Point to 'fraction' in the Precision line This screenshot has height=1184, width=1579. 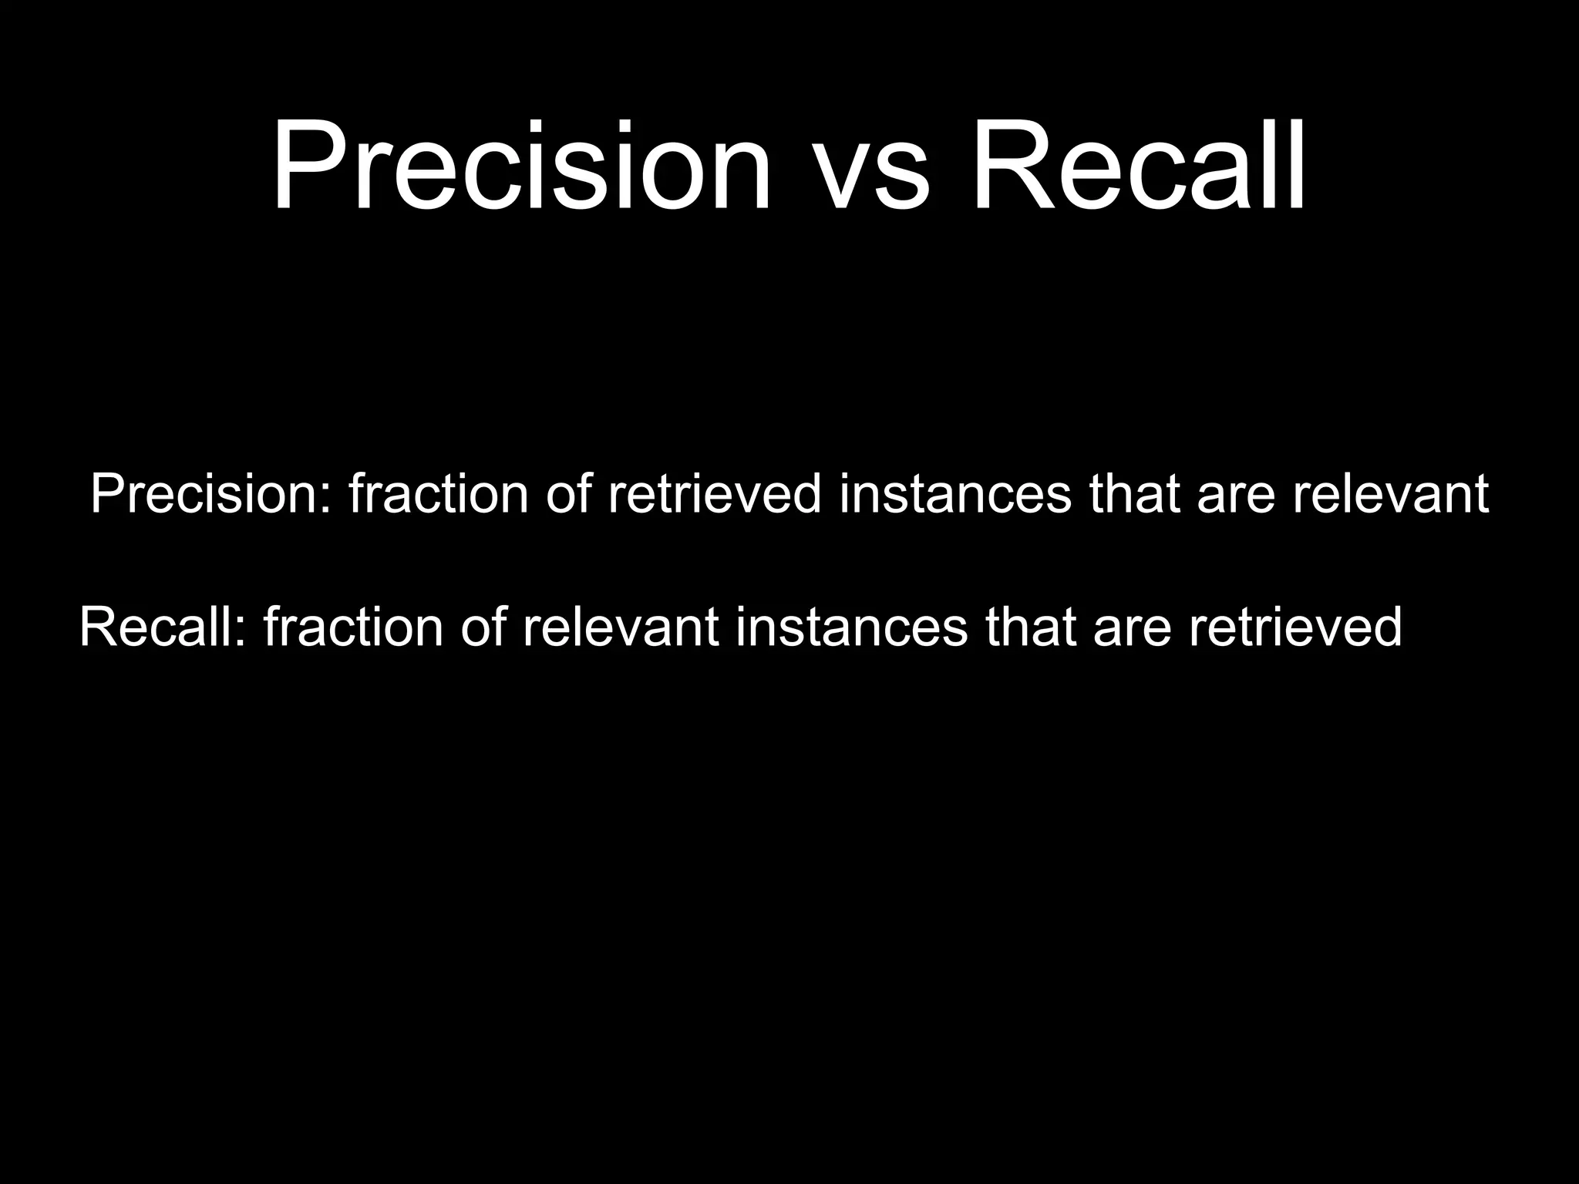[x=438, y=494]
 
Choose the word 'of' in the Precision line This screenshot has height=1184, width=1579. [x=568, y=494]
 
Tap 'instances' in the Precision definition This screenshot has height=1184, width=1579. [x=955, y=494]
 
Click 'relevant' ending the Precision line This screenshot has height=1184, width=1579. [x=1390, y=494]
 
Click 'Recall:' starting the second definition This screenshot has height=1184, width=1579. [x=163, y=627]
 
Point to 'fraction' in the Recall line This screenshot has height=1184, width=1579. [x=353, y=627]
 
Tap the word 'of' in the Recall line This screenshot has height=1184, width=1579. [x=483, y=627]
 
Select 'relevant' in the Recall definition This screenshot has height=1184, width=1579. [x=621, y=627]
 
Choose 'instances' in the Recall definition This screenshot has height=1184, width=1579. [x=851, y=627]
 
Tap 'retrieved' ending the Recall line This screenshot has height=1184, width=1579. [x=1295, y=627]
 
